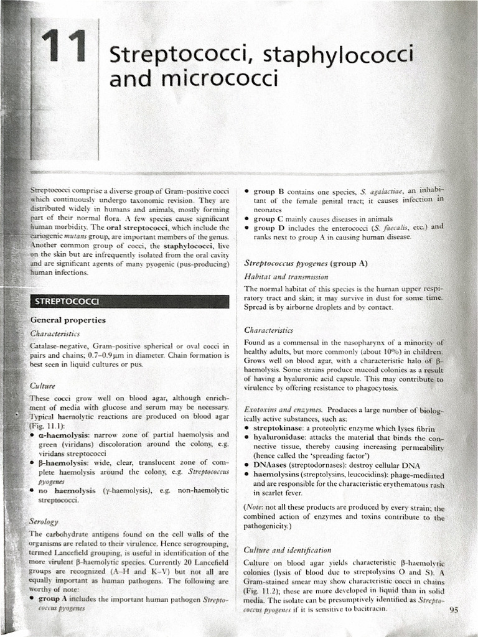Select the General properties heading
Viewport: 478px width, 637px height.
pos(68,320)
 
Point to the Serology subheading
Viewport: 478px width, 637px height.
pos(44,520)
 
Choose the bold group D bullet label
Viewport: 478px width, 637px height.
pos(271,227)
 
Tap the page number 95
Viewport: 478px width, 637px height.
pos(453,610)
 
